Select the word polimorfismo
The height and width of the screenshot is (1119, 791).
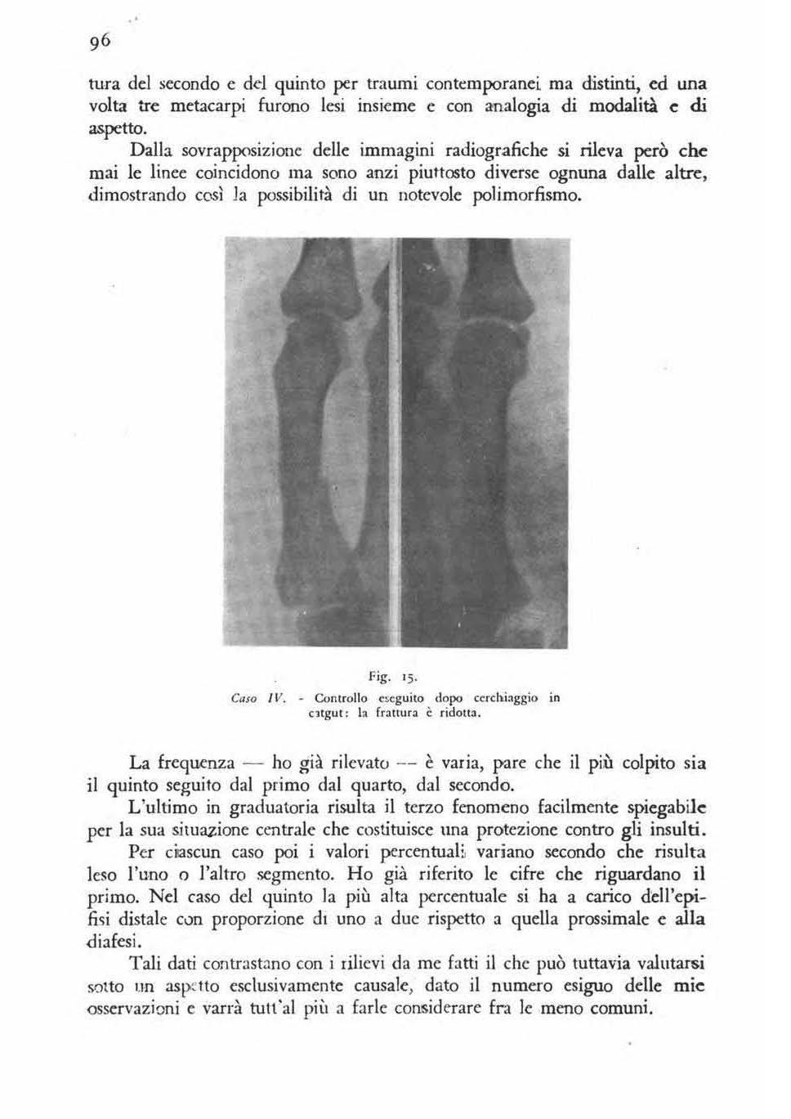pyautogui.click(x=534, y=197)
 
